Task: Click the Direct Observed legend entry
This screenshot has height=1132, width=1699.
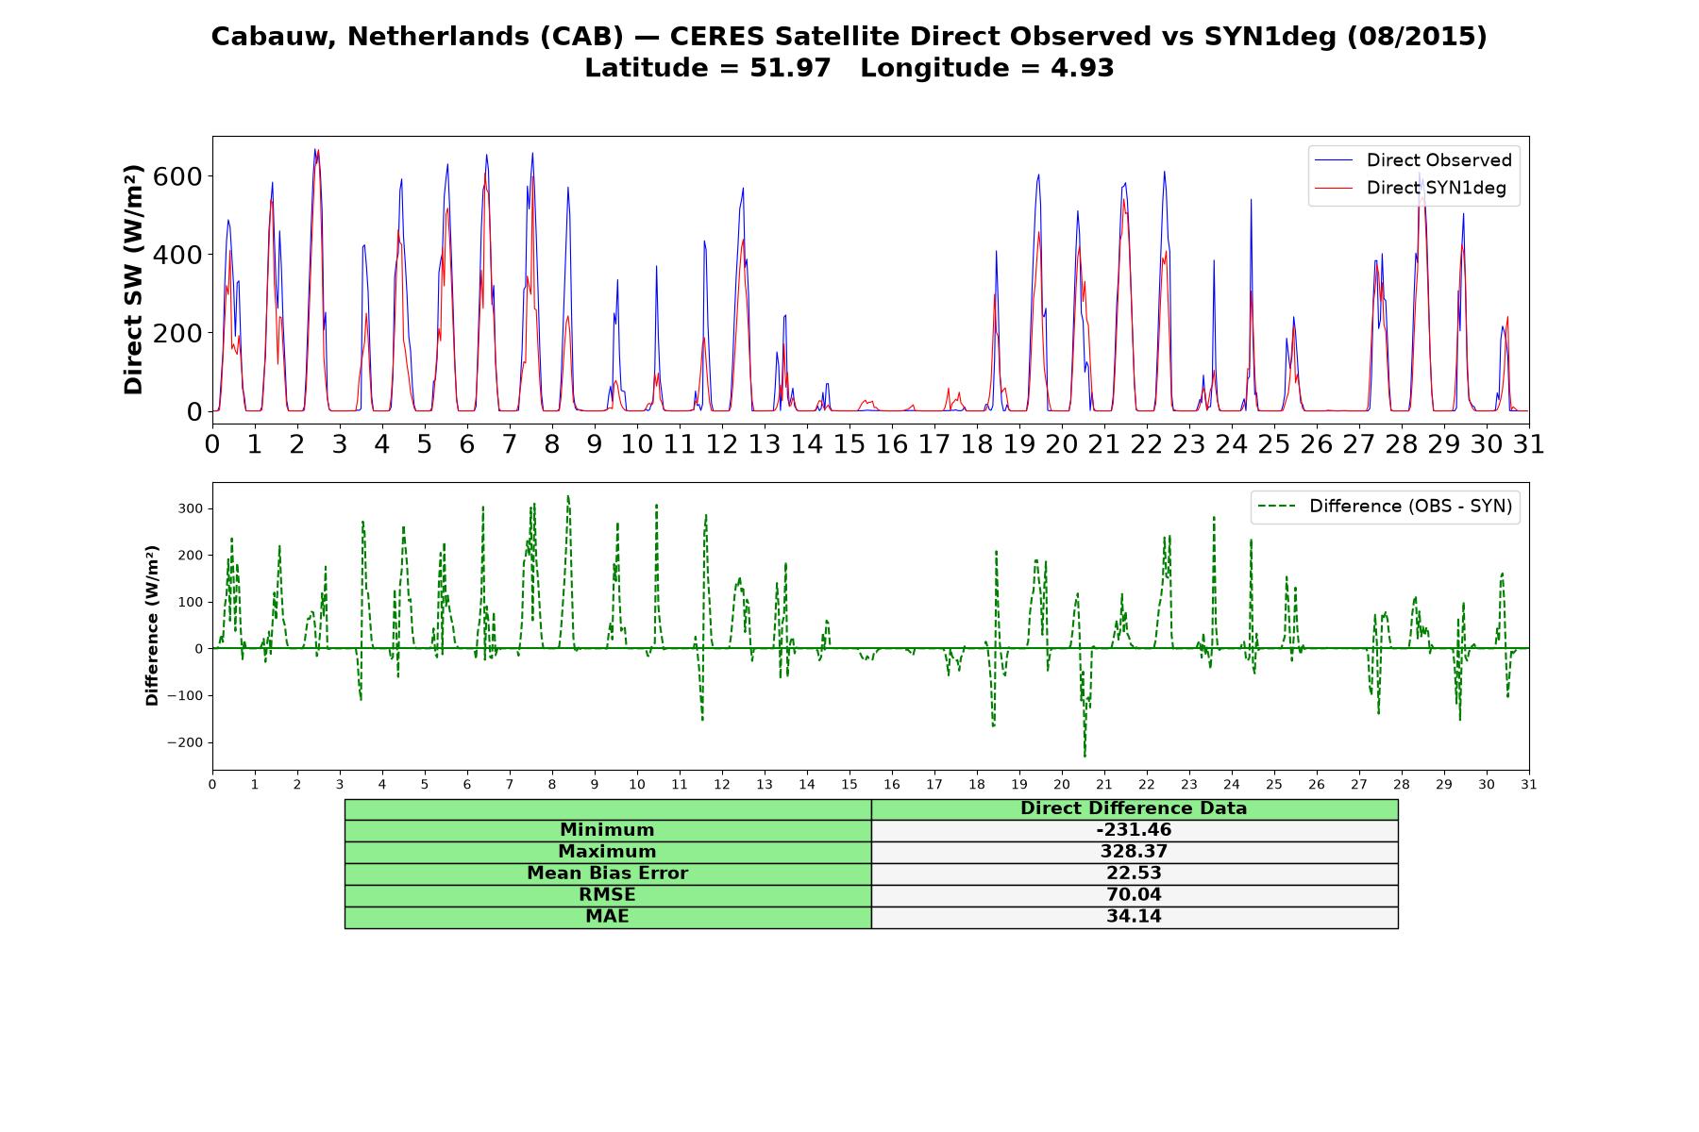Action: (x=1413, y=160)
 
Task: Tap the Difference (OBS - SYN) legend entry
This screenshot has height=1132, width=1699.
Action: (x=1386, y=507)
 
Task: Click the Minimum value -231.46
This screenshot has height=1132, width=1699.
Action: (x=1134, y=830)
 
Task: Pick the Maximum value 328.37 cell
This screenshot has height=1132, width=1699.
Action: (x=1134, y=852)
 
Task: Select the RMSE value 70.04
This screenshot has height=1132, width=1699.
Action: (x=1134, y=895)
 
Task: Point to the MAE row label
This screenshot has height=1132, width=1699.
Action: (x=607, y=917)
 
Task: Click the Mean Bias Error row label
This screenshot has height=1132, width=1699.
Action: (x=607, y=874)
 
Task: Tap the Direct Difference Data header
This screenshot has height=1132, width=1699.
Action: (x=1134, y=808)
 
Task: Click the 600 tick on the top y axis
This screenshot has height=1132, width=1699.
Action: (x=181, y=176)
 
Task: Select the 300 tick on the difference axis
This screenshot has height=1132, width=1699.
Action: (x=191, y=508)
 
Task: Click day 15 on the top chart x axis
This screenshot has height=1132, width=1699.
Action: (x=849, y=443)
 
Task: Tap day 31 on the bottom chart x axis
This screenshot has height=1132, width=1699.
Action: (x=1529, y=785)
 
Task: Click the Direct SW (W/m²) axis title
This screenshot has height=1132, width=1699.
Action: (x=134, y=279)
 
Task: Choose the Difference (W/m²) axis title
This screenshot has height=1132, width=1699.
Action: (x=152, y=625)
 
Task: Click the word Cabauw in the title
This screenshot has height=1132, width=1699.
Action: (x=275, y=37)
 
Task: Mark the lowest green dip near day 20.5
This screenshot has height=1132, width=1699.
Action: (x=1085, y=757)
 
